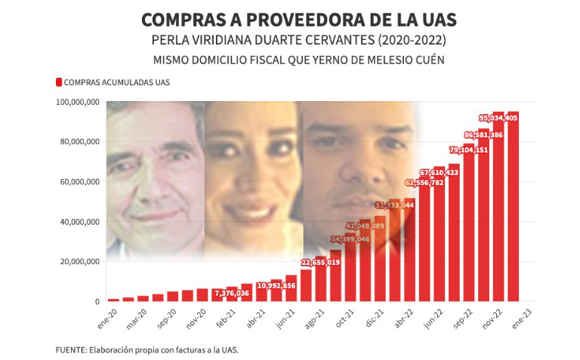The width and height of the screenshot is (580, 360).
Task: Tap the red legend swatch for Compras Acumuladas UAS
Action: tap(58, 82)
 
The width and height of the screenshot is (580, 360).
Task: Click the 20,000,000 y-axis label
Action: tap(81, 262)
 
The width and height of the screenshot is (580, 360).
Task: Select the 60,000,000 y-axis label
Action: tap(81, 182)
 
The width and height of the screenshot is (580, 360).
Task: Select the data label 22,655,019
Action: tap(320, 262)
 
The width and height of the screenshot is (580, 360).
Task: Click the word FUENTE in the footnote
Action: tap(71, 349)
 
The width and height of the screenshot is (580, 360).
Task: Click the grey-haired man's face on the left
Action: tap(155, 177)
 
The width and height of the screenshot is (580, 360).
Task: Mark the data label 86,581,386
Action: tap(479, 134)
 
